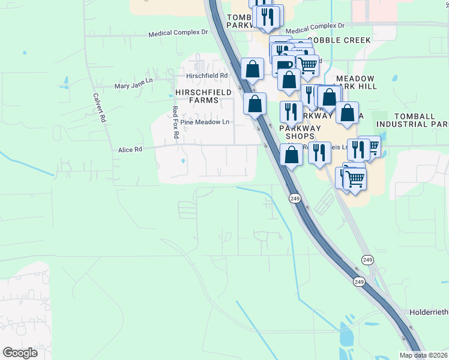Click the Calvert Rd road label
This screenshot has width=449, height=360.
click(99, 107)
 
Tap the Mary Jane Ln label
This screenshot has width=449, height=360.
click(134, 86)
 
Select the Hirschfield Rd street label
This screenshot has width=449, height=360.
click(207, 76)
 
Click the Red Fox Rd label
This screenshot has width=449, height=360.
click(175, 122)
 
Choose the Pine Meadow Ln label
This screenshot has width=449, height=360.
click(205, 122)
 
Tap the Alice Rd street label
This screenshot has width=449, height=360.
click(130, 149)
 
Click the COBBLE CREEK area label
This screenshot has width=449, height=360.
click(348, 40)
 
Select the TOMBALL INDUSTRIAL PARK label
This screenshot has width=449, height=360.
click(412, 120)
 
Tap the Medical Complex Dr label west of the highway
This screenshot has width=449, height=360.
click(178, 34)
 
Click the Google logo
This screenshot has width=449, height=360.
click(20, 353)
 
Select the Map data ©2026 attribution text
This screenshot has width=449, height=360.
click(423, 355)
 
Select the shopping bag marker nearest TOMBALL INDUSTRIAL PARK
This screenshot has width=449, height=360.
click(347, 112)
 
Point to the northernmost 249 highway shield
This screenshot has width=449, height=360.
click(295, 198)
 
